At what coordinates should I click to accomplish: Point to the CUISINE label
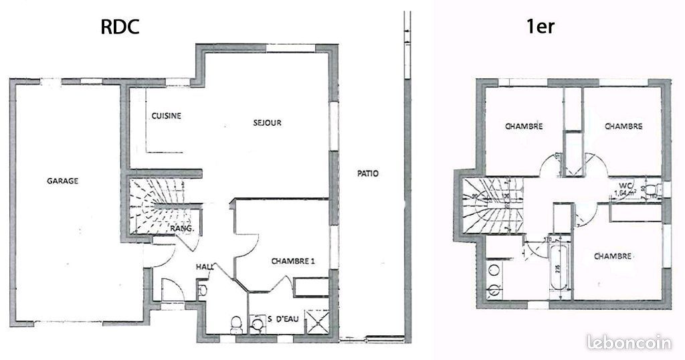166,116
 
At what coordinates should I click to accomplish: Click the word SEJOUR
267,122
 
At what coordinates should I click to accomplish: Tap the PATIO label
367,174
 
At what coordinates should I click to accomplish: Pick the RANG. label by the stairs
183,229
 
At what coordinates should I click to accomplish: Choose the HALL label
204,267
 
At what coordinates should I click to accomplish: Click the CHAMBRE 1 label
293,262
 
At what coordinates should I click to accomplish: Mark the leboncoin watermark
628,343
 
